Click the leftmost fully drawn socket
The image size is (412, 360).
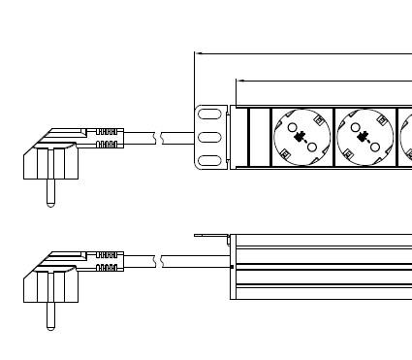point(301,137)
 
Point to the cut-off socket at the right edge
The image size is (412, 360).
point(406,137)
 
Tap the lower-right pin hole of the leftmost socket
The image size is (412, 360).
point(311,147)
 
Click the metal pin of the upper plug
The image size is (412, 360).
point(45,193)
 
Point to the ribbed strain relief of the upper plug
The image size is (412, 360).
point(109,137)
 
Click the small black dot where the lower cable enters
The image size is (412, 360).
point(232,265)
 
